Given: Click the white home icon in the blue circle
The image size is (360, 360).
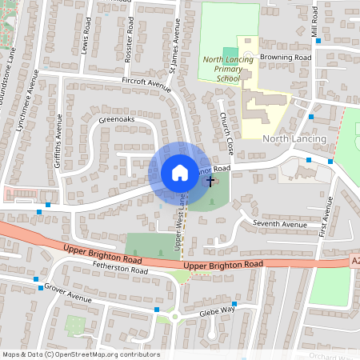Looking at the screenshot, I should coord(179,173).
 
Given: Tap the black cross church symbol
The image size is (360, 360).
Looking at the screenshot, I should coord(211,182).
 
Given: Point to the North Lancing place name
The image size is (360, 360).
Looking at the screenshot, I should coord(294,139).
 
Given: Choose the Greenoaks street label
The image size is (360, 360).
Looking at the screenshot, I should coord(117,120).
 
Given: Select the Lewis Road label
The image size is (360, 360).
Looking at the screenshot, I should coord(86,35).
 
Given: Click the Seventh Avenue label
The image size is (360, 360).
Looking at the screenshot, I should coord(280,224).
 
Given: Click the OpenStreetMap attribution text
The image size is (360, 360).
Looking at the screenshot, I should coord(81,354).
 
